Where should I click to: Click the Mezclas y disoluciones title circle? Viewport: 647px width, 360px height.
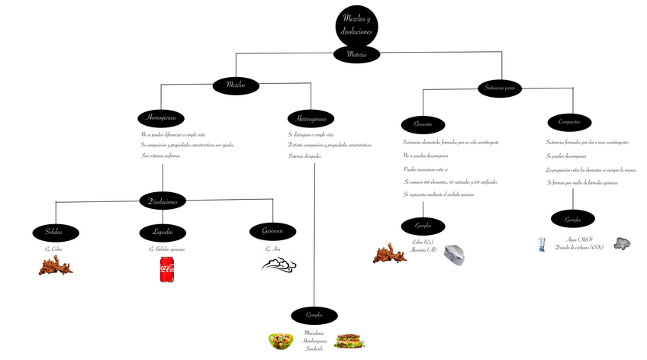coord(356,26)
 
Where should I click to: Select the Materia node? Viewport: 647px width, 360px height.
coord(356,55)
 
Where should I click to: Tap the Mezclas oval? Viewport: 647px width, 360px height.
coord(236,85)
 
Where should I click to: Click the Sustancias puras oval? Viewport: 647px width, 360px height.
coord(500,88)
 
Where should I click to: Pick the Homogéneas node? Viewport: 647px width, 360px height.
coord(162,117)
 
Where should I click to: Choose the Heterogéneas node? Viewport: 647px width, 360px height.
coord(311,118)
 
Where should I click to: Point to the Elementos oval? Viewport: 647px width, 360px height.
coord(423,124)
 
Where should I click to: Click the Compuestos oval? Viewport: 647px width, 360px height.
coord(568,122)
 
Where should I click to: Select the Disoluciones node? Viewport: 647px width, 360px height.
coord(163,201)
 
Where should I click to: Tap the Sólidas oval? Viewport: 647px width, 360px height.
coord(53,232)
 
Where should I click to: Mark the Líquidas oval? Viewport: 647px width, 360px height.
coord(163,232)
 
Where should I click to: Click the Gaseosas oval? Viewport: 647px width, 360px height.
coord(272,232)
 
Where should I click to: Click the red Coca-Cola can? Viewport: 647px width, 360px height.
coord(167,270)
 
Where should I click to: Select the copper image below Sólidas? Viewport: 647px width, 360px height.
coord(56,265)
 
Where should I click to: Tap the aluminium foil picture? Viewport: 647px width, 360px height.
coord(456,254)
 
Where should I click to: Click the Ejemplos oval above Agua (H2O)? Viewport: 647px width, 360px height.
coord(572,220)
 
